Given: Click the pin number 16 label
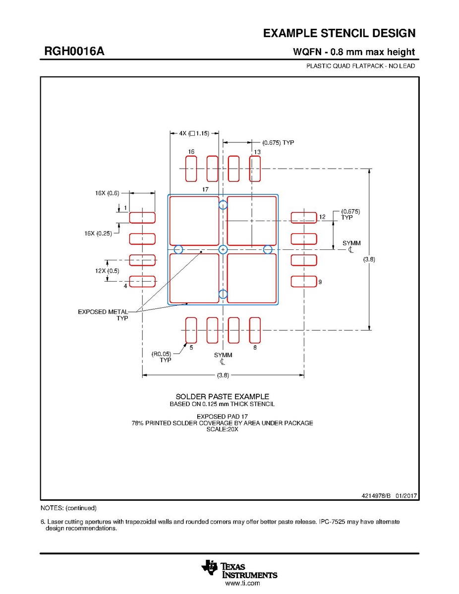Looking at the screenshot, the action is [191, 152].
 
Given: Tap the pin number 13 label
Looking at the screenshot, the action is [257, 152].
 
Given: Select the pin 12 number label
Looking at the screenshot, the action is [322, 217].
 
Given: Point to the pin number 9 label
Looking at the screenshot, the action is [320, 282].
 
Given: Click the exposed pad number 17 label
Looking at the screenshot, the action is [205, 189].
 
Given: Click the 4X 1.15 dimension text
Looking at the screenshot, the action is [194, 133].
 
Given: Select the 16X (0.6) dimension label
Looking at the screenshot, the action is [107, 193].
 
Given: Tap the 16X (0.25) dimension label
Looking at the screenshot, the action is [98, 234].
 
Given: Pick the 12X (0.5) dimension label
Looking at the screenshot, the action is [107, 271].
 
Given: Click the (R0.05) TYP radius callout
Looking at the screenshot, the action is [161, 357].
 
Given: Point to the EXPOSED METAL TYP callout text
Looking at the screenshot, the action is [103, 315].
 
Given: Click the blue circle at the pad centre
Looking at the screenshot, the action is [223, 249].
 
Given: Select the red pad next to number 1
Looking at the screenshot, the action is [142, 218].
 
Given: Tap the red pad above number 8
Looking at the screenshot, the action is [255, 330].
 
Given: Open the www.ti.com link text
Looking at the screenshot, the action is [242, 584].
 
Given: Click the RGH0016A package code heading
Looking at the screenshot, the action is [74, 51].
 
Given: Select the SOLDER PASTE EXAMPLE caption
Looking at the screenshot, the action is [222, 397].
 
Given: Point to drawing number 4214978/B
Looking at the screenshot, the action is [376, 495].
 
